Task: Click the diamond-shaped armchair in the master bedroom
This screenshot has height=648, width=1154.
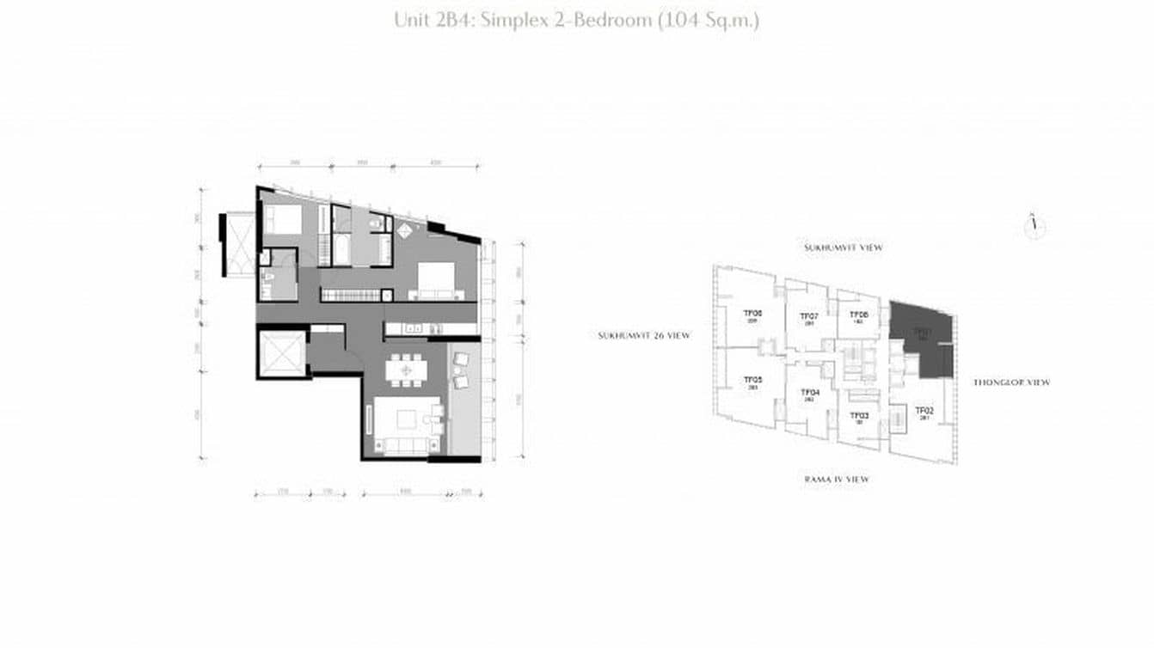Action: [x=404, y=229]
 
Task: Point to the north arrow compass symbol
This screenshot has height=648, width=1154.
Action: [x=1035, y=225]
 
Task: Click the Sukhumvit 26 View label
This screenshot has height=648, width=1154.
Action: [x=643, y=335]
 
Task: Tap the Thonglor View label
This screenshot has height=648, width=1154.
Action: [x=1011, y=382]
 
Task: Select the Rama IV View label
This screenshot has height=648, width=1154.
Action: [x=836, y=479]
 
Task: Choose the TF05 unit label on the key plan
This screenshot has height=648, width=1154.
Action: [x=752, y=380]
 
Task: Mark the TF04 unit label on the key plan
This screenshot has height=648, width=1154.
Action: [x=809, y=393]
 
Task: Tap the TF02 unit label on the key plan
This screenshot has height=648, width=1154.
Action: [x=924, y=411]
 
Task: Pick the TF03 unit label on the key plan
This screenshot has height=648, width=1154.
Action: [x=859, y=415]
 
